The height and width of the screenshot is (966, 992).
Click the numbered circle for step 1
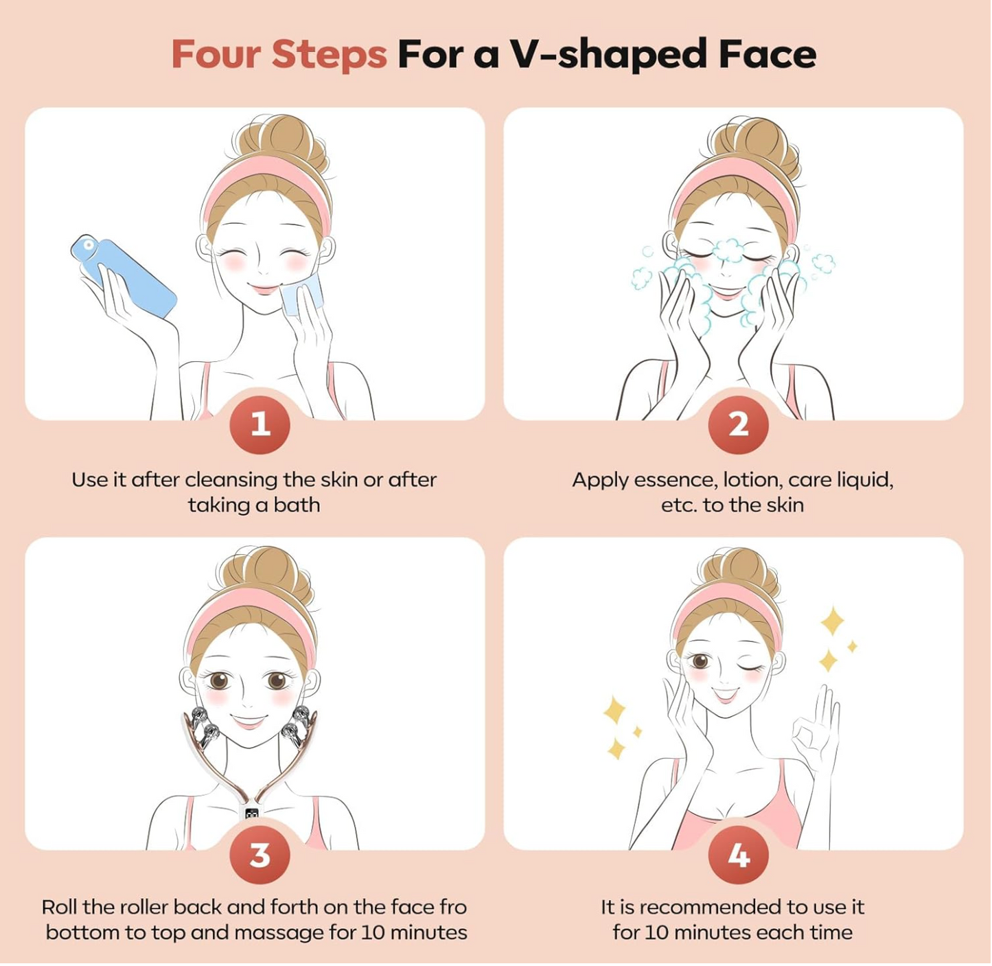click(260, 424)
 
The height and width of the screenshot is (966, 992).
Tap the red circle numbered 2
click(738, 424)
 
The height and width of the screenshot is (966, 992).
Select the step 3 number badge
click(260, 855)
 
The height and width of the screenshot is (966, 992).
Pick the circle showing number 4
click(738, 855)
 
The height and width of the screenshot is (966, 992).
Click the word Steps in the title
click(329, 54)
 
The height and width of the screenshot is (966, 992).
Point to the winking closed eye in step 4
click(756, 665)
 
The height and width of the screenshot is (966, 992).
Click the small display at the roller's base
click(252, 814)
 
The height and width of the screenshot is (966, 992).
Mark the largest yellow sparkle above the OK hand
click(833, 621)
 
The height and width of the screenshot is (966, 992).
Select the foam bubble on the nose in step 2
click(728, 251)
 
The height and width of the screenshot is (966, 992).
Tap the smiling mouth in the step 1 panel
click(264, 289)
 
